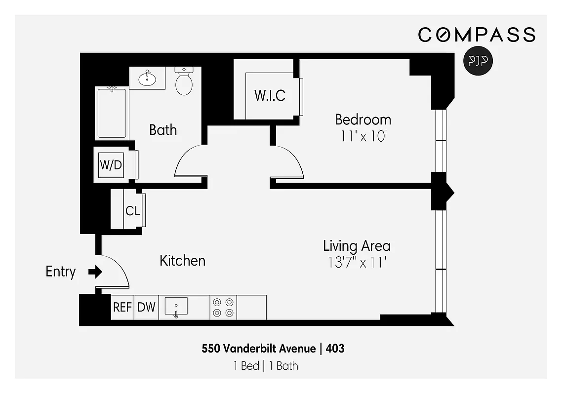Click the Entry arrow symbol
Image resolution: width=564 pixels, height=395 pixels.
click(x=95, y=272)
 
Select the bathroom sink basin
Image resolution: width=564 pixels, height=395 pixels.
click(x=147, y=78)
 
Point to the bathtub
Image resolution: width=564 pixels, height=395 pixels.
click(x=112, y=113)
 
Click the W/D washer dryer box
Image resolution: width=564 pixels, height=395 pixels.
click(x=111, y=165)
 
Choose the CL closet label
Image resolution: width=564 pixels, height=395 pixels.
click(x=132, y=211)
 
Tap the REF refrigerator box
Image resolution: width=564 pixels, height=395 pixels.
click(x=122, y=307)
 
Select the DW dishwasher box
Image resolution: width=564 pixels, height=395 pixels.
click(x=146, y=307)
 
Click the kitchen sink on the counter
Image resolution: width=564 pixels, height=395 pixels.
click(x=176, y=307)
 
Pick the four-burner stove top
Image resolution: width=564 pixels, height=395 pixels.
click(x=223, y=307)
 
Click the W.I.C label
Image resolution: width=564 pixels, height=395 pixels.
click(x=270, y=95)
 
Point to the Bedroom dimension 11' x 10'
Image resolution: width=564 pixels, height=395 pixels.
click(x=363, y=136)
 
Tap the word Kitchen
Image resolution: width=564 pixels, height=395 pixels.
click(x=182, y=260)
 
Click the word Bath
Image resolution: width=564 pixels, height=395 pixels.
click(x=163, y=130)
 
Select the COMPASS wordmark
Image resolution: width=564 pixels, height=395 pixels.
click(x=477, y=35)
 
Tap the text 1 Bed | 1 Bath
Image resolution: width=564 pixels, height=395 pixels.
click(x=266, y=366)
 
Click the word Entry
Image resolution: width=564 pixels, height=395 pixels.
click(x=61, y=272)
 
